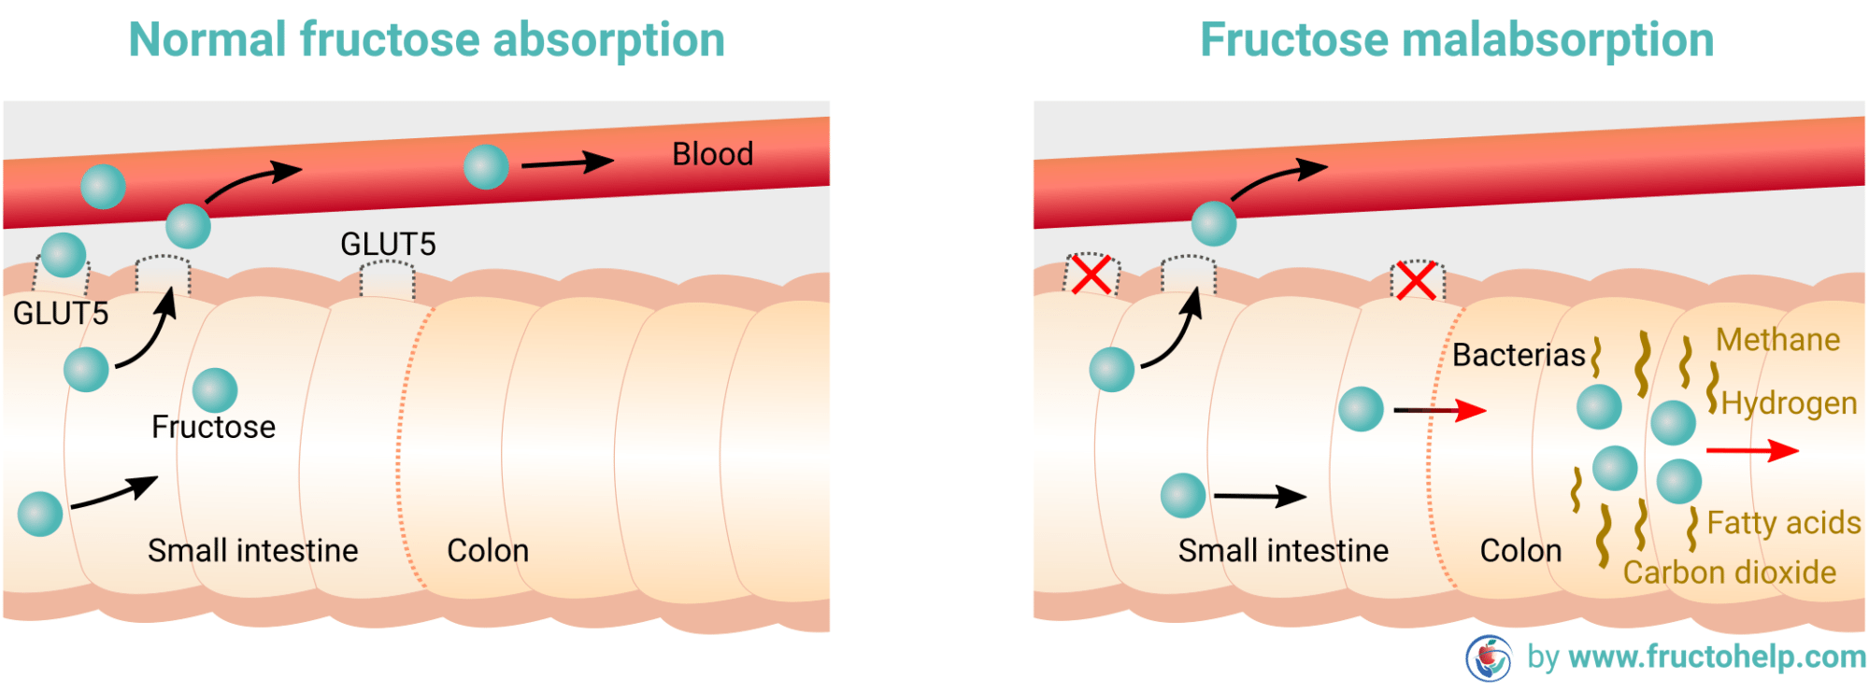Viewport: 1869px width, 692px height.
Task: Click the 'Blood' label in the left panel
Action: coord(712,154)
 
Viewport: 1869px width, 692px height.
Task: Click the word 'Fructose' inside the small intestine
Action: coord(213,427)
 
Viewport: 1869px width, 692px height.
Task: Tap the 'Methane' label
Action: coord(1777,340)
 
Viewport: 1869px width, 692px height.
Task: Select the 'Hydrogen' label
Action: coord(1789,403)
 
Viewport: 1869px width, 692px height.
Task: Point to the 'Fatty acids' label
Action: coord(1783,523)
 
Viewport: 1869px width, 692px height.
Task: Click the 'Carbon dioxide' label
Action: coord(1729,572)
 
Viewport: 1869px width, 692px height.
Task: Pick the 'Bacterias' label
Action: coord(1519,356)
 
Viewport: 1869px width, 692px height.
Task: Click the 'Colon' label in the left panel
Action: coord(488,551)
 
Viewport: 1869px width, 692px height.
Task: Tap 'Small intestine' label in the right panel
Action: coord(1283,551)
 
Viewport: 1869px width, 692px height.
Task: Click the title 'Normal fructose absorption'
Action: coord(426,40)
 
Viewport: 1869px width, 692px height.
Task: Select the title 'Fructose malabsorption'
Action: coord(1457,40)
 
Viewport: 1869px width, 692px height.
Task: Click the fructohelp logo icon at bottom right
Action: coord(1489,658)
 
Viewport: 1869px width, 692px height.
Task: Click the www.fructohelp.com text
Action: coord(1717,657)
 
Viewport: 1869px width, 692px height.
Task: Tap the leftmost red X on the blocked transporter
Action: coord(1091,275)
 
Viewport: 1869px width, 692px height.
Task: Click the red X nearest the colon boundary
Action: coord(1417,281)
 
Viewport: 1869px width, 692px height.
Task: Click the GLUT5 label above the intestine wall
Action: coord(388,245)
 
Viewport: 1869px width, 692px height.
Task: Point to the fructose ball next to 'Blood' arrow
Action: coord(486,167)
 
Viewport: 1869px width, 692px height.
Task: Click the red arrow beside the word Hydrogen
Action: coord(1752,451)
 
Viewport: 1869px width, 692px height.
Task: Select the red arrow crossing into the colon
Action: coord(1440,410)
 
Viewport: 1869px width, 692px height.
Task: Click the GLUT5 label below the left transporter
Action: coord(61,314)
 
